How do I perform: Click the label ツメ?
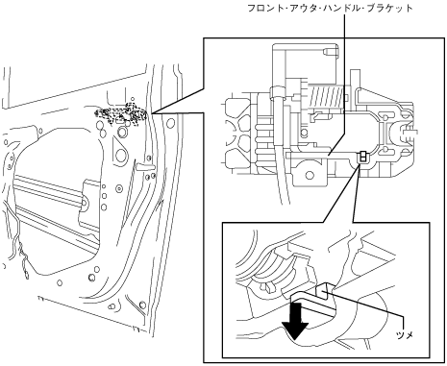tap(405, 335)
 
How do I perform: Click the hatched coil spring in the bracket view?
tap(326, 98)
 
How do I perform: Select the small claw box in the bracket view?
tap(362, 157)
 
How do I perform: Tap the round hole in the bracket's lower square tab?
tap(310, 175)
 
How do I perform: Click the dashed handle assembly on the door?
tap(122, 114)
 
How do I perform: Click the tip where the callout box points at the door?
tap(152, 113)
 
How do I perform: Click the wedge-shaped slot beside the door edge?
tap(145, 167)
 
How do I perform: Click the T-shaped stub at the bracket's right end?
tap(410, 132)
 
